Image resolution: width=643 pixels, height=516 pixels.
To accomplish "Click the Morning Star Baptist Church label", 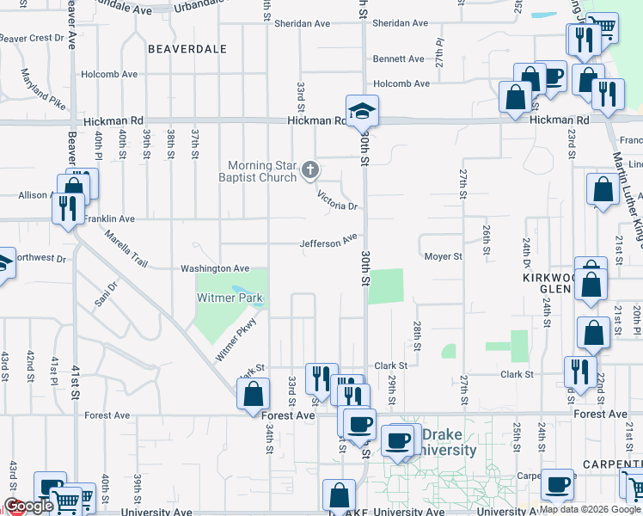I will pos(262,172).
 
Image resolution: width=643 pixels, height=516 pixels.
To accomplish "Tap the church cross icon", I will pos(310,172).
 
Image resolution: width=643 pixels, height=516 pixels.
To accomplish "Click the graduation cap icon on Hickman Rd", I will pos(363,110).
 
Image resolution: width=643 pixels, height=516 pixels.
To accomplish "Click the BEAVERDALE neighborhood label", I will pos(187,49).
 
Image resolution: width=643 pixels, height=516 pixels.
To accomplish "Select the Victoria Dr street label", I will pos(337,200).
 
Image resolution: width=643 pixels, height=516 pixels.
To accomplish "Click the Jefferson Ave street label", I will pos(328,243).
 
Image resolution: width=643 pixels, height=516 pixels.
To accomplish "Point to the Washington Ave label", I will pos(214,269).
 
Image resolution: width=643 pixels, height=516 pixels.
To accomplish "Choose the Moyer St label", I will pos(444,256).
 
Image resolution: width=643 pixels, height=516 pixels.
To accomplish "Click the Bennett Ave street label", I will pos(398,59).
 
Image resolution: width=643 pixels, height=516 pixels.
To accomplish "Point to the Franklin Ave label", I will pos(109,219).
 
